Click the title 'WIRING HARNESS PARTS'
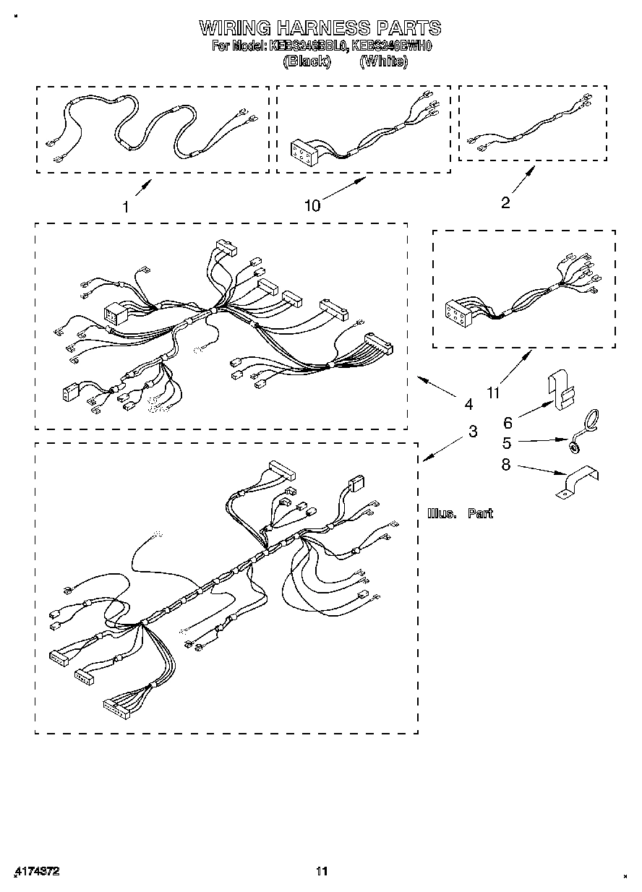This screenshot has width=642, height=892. click(320, 28)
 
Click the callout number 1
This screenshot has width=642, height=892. click(126, 207)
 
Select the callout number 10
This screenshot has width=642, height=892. click(312, 206)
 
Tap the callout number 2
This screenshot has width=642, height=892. click(505, 203)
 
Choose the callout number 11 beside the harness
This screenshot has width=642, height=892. click(493, 393)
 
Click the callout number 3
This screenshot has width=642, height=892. click(473, 432)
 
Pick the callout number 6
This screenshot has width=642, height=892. click(508, 424)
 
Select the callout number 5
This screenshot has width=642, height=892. click(507, 442)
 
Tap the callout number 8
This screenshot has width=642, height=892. click(506, 465)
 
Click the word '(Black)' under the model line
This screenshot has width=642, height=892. click(307, 61)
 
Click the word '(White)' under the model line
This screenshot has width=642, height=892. click(383, 61)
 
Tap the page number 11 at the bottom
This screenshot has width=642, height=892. click(322, 871)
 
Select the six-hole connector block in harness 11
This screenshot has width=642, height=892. click(458, 312)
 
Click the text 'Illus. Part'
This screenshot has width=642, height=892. click(460, 513)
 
